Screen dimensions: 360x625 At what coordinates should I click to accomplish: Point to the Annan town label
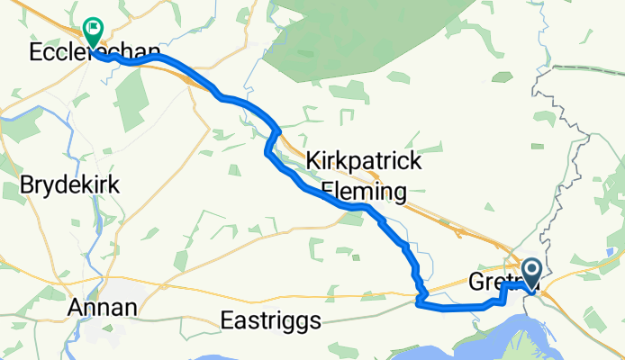point(104,308)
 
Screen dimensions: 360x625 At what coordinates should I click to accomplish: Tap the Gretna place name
point(491,283)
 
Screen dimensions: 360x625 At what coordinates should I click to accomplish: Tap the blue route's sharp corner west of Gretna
point(420,304)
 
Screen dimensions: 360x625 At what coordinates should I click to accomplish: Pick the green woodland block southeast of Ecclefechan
point(132,99)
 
